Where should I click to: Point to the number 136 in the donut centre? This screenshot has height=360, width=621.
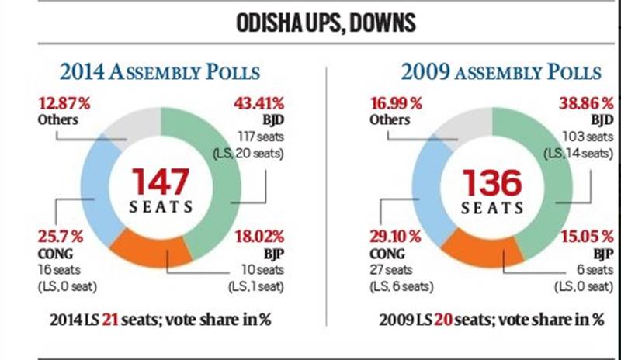493,183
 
